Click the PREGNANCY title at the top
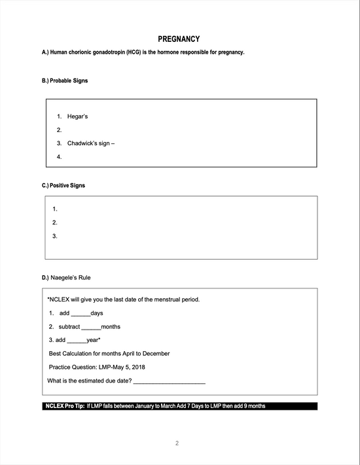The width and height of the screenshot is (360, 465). [x=179, y=39]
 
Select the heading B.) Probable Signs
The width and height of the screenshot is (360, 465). [x=65, y=80]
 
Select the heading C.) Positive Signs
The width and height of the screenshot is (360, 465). [x=63, y=186]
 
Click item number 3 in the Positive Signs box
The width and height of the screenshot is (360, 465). [x=55, y=236]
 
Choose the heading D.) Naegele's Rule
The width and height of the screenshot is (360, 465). [x=67, y=278]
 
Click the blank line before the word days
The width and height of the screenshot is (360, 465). [x=81, y=313]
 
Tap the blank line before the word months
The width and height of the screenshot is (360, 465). [x=91, y=327]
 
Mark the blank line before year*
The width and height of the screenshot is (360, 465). [x=77, y=340]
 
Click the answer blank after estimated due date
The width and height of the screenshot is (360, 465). [x=169, y=381]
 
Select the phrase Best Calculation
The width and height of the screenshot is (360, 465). [x=73, y=354]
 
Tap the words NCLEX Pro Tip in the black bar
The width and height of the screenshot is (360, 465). [x=64, y=406]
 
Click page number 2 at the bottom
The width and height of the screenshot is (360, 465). [x=177, y=444]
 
